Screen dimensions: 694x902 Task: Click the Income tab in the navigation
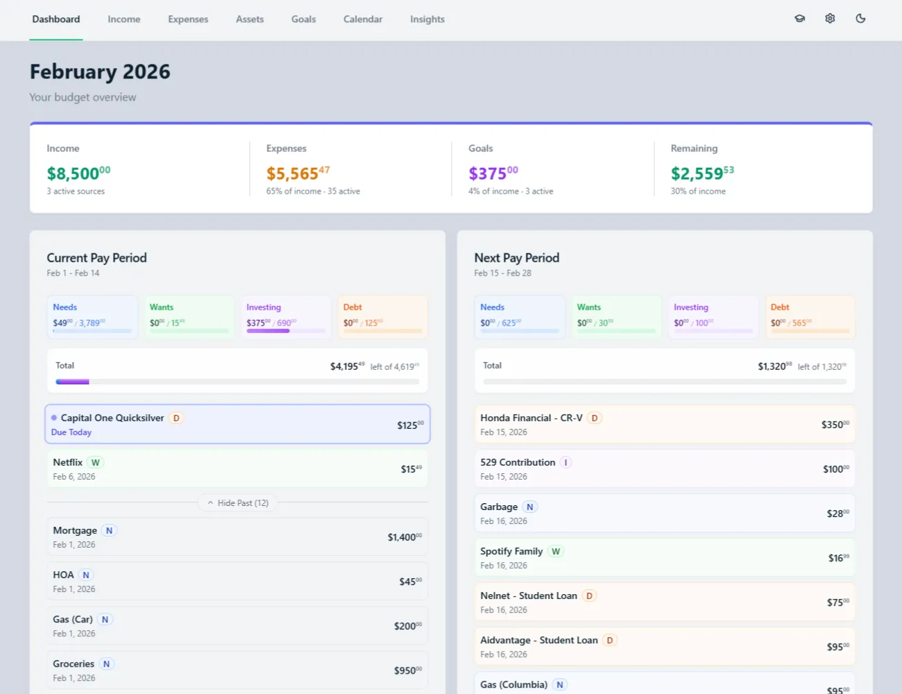[124, 19]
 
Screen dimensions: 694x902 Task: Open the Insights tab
[427, 19]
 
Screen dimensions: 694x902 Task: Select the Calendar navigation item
[362, 19]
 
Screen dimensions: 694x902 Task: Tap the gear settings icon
[830, 19]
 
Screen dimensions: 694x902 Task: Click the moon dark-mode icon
[860, 19]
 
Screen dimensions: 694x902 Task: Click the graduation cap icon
[799, 19]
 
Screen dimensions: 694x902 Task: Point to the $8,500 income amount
[78, 173]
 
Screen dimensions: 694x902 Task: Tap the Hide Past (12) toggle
[237, 502]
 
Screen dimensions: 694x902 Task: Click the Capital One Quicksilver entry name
[112, 418]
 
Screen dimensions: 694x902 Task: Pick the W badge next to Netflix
[96, 462]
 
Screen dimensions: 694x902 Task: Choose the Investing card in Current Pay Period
[286, 316]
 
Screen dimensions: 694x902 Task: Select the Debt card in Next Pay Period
[810, 316]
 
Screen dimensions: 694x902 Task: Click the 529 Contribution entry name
[518, 462]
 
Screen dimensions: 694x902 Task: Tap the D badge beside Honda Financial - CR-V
[595, 418]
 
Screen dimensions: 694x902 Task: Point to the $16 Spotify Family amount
[837, 558]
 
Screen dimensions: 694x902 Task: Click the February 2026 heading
[100, 71]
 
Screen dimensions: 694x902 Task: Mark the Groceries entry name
[74, 663]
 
